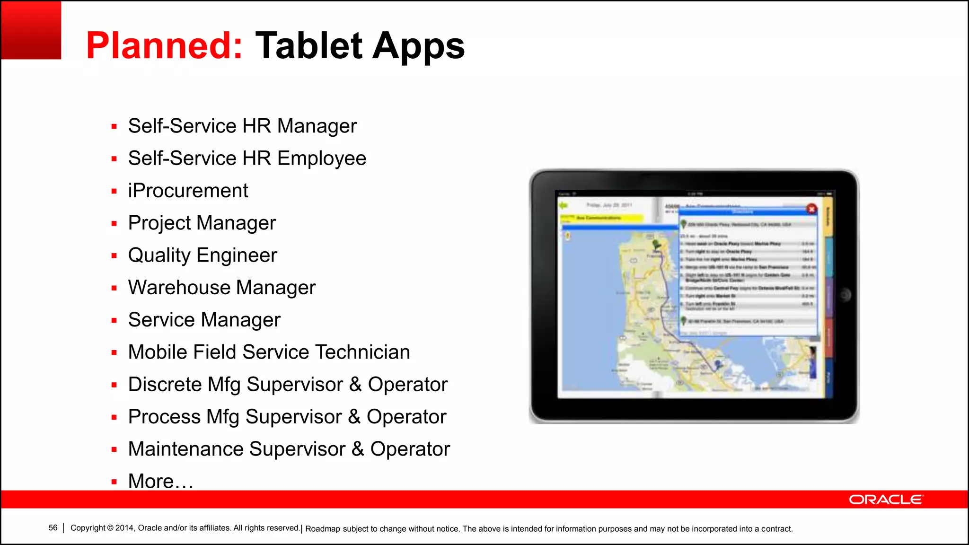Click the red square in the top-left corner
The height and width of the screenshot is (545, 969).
point(31,30)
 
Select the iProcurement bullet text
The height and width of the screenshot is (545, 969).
point(188,191)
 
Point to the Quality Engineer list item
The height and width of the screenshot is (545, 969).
point(202,255)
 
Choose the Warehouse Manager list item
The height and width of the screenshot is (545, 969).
point(221,288)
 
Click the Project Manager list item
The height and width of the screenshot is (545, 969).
point(202,223)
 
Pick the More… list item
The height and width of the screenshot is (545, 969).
point(160,481)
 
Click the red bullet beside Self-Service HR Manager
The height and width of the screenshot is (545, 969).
point(114,127)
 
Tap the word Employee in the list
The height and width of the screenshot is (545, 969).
point(322,158)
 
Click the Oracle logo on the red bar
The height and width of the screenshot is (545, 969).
point(885,500)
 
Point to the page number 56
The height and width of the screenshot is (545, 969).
point(53,527)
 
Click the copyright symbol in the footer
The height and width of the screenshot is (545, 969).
point(110,528)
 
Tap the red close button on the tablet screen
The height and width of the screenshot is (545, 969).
point(811,209)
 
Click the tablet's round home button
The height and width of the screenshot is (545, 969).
point(845,295)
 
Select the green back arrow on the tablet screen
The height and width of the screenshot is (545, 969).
point(563,205)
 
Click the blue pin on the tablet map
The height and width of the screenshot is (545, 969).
point(718,364)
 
